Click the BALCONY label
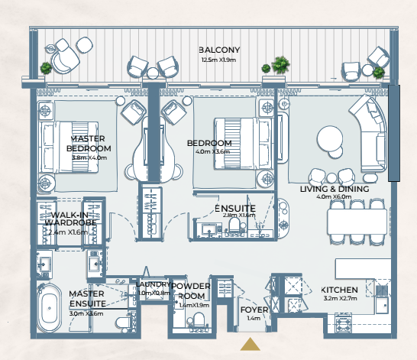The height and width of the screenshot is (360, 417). [219, 50]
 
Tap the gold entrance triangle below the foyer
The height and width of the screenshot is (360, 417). [250, 344]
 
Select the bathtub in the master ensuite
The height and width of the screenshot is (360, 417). [49, 308]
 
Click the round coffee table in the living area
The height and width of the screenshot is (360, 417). [330, 139]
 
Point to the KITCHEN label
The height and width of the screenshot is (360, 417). [339, 290]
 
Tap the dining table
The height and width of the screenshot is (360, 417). [357, 222]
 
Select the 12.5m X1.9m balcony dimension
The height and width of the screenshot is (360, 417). [218, 60]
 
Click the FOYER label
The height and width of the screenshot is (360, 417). [254, 310]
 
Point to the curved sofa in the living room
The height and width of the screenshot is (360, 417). [371, 133]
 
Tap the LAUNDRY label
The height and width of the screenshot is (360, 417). [153, 284]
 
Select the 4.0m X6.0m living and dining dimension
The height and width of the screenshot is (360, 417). [334, 197]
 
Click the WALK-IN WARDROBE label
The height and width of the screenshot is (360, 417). [70, 219]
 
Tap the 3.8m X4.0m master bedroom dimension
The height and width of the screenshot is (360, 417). [89, 157]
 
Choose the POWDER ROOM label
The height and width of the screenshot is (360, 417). [191, 290]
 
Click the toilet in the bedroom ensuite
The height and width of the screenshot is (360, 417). [234, 225]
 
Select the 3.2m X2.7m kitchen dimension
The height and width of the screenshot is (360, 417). [340, 298]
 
